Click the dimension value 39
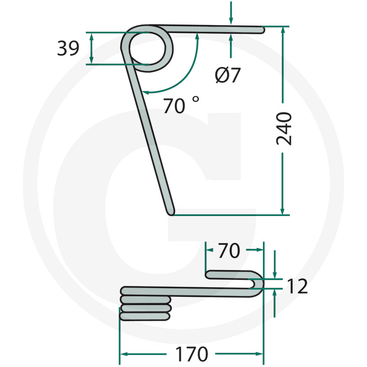pos(68,48)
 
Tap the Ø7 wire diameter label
pos(228,75)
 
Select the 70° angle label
pos(181,105)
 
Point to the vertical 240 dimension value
pos(284,128)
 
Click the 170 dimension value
pos(191,354)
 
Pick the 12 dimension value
pos(297,286)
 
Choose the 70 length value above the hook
pos(229,250)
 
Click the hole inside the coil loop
pos(147,49)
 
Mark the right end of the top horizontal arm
pos(264,30)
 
